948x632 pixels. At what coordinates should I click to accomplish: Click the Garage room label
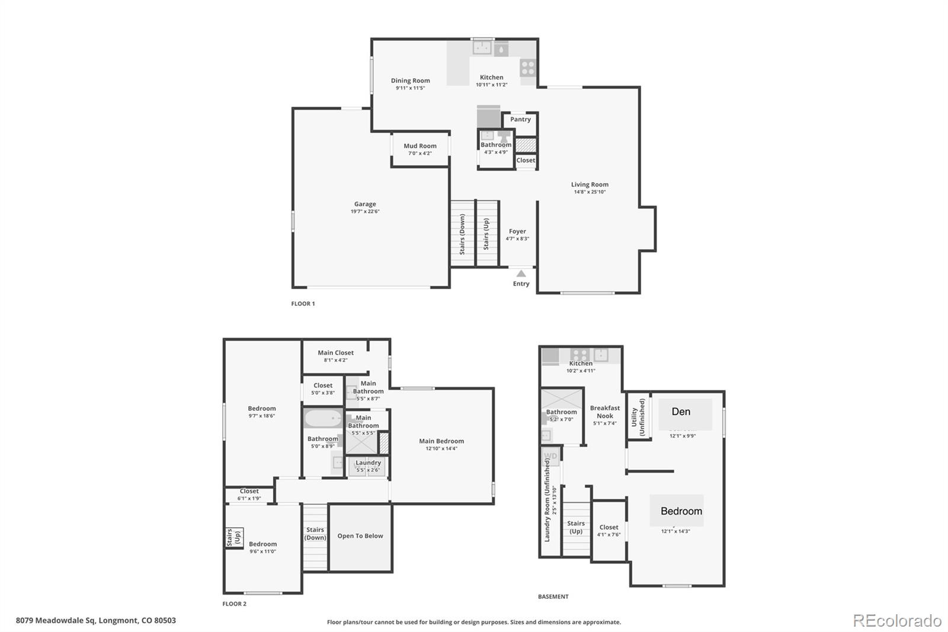click(x=365, y=204)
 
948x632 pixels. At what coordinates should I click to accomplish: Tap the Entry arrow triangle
click(x=521, y=273)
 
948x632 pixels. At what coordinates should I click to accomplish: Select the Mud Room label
click(x=420, y=146)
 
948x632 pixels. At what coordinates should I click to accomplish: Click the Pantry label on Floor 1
click(x=520, y=119)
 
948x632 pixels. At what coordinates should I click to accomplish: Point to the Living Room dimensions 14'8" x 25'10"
click(x=590, y=192)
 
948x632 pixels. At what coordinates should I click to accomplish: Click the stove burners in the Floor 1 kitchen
click(x=528, y=68)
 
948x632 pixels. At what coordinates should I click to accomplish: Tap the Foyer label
click(x=517, y=231)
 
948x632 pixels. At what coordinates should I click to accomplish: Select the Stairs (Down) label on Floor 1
click(x=462, y=234)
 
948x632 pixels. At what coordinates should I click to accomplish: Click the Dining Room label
click(x=410, y=81)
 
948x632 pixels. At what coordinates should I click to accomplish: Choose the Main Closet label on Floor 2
click(x=335, y=353)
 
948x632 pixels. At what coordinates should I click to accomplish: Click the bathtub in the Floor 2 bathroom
click(x=323, y=419)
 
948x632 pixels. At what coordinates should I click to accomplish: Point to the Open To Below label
click(x=360, y=536)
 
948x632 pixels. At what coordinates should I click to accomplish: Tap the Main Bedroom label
click(x=441, y=441)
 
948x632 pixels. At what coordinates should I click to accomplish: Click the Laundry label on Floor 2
click(x=368, y=462)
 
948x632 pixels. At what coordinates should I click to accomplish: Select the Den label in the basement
click(x=681, y=411)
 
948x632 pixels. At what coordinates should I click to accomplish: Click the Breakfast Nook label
click(x=605, y=412)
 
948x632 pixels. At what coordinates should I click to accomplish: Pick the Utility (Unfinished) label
click(x=638, y=417)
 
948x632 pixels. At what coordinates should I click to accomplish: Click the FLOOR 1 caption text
click(x=303, y=304)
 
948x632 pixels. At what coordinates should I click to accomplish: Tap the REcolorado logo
click(x=896, y=621)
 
